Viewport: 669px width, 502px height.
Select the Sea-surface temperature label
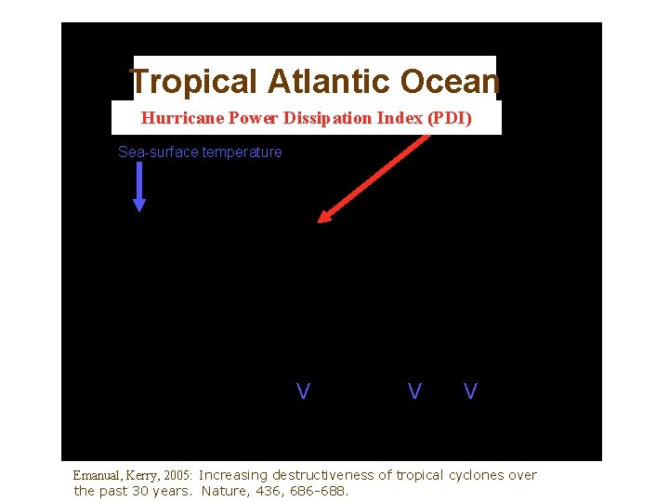(200, 152)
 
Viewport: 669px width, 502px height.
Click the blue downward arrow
(139, 187)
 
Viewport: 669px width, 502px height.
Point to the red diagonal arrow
(374, 176)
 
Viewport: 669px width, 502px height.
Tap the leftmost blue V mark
(303, 391)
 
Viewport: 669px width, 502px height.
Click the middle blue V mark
(414, 391)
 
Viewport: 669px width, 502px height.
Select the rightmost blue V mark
(470, 391)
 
